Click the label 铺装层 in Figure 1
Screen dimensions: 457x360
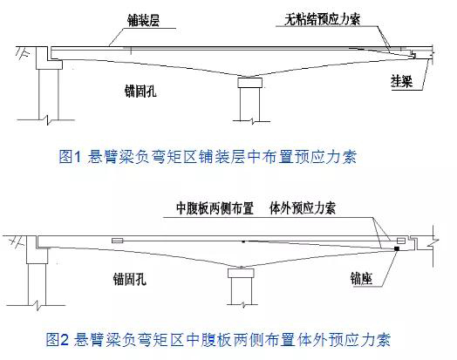(x=143, y=21)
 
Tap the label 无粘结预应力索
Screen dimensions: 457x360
(x=323, y=19)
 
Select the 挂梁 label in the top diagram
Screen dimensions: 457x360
(x=402, y=81)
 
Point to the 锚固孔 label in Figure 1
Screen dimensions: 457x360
(x=140, y=91)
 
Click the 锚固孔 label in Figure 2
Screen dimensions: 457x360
(x=129, y=279)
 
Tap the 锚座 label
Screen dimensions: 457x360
(x=361, y=278)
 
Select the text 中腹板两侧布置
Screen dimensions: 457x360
(x=215, y=208)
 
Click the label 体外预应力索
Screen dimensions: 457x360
(x=303, y=208)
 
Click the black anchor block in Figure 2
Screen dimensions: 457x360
(x=396, y=248)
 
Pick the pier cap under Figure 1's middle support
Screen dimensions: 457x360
(x=249, y=83)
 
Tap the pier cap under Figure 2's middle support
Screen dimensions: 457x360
(x=241, y=273)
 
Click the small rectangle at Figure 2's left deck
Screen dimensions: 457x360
(x=118, y=241)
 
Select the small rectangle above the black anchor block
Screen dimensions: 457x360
(x=401, y=241)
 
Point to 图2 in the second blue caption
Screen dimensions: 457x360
(x=58, y=339)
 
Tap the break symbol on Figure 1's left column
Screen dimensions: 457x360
(x=48, y=119)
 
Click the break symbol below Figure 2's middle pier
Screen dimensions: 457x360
(x=243, y=305)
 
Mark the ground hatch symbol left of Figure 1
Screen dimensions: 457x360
(x=23, y=52)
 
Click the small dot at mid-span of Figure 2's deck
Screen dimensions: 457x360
(x=243, y=241)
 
